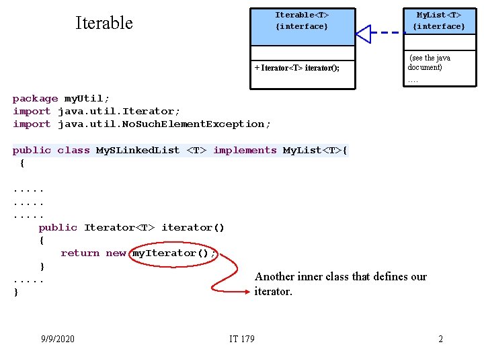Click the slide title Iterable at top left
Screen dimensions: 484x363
point(104,23)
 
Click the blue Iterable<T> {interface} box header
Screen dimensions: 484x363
point(302,21)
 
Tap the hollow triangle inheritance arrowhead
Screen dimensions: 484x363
point(364,33)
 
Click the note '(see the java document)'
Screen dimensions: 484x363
point(429,63)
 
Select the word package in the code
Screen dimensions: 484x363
point(35,99)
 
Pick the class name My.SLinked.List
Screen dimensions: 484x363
point(138,151)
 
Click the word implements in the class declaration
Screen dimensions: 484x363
point(245,151)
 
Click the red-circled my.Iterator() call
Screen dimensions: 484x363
point(174,253)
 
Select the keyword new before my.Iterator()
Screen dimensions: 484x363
point(116,253)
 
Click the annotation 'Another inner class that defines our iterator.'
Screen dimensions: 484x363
point(340,284)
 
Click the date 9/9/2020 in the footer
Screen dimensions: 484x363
point(58,339)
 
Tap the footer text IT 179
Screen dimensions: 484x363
point(242,339)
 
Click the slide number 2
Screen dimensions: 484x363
point(440,339)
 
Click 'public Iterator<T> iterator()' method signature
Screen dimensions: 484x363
point(131,228)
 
